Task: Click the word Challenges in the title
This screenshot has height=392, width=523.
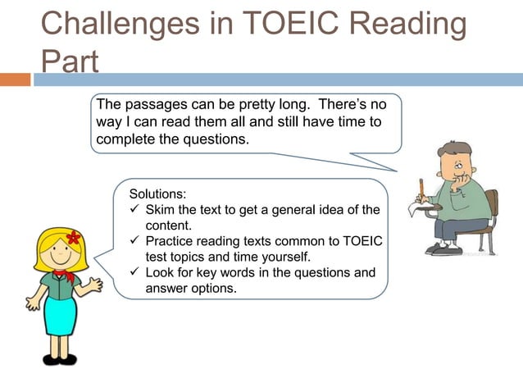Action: [114, 24]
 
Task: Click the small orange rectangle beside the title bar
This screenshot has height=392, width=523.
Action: [15, 80]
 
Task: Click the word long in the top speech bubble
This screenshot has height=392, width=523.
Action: [292, 105]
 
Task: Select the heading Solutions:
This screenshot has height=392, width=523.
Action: [158, 194]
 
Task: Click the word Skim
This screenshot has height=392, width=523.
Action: [161, 210]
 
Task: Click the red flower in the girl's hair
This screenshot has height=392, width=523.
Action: [73, 238]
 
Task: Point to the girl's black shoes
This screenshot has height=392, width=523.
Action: [59, 359]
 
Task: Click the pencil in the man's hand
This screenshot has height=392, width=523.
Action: [421, 189]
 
